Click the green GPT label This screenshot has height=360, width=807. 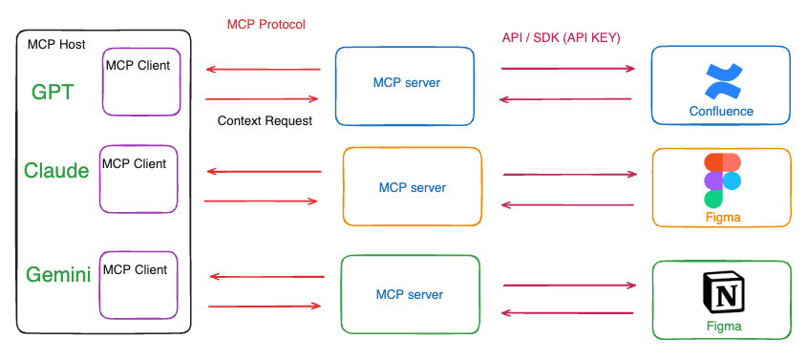pos(53,93)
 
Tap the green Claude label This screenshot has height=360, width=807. pos(56,171)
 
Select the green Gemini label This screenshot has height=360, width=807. pos(58,275)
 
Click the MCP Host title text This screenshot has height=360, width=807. pos(56,44)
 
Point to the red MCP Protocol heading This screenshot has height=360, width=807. pos(266,24)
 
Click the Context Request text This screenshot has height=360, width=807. pos(265,121)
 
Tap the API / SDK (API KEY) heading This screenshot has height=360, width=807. pos(561,38)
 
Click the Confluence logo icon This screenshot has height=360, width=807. pos(723,81)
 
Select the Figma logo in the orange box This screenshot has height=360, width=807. pos(723,180)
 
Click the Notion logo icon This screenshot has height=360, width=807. pos(724,292)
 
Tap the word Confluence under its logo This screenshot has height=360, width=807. pos(721,111)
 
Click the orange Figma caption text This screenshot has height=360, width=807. pos(723,218)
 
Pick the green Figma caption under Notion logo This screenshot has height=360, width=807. pos(724,326)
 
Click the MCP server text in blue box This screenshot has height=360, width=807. pos(407,82)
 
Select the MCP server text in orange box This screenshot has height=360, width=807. pos(413,188)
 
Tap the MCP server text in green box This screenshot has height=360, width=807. pos(410,295)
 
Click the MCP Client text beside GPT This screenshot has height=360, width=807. pos(138,65)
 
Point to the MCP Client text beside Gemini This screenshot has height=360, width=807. pos(136,269)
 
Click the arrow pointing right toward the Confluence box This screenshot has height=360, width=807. pos(568,69)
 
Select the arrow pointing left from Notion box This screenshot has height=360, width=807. pos(567,312)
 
